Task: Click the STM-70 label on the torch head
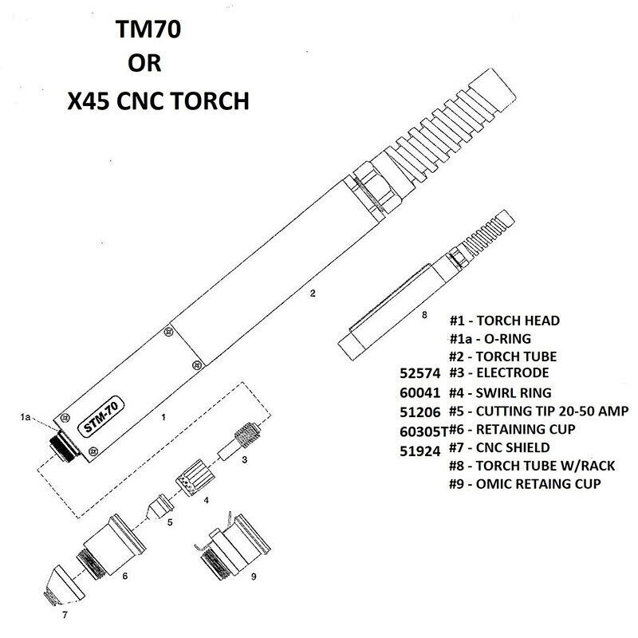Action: click(x=101, y=417)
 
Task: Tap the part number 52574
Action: click(x=420, y=373)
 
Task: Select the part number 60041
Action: click(x=420, y=392)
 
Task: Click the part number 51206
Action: click(x=420, y=412)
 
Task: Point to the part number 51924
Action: click(x=420, y=451)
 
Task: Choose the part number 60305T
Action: click(x=423, y=431)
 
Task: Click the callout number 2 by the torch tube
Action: click(x=313, y=293)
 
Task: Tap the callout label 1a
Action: click(x=26, y=417)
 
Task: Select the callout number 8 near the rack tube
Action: click(x=424, y=315)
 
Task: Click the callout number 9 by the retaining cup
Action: click(x=254, y=577)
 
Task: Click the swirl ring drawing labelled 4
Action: click(x=195, y=478)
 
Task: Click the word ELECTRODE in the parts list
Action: click(x=512, y=372)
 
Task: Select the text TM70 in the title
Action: click(x=148, y=30)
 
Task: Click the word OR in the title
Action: click(x=144, y=63)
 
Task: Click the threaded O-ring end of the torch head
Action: click(x=64, y=446)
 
